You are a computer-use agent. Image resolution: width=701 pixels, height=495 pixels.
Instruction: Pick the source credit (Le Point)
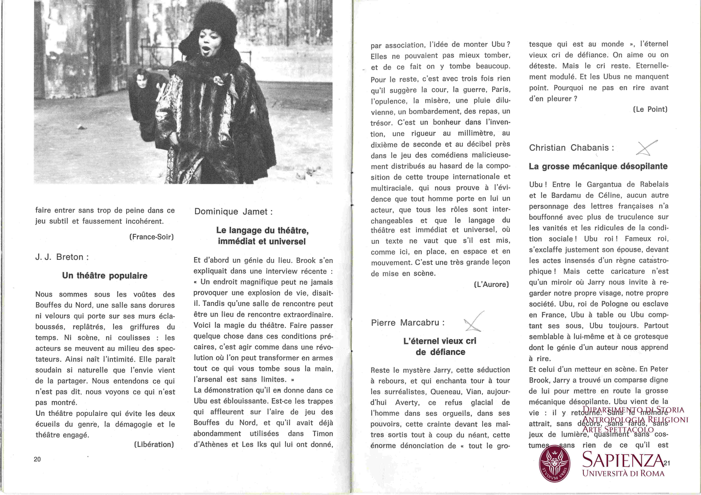(x=650, y=109)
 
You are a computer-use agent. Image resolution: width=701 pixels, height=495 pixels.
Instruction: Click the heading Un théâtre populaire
(x=105, y=276)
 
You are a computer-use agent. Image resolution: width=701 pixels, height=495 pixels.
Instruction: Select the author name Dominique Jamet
(x=234, y=212)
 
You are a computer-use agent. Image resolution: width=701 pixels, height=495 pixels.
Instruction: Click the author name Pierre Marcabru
(x=408, y=323)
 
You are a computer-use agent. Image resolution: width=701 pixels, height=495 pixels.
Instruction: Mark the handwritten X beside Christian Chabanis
(x=646, y=148)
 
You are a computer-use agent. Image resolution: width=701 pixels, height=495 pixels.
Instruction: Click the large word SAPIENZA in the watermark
(x=623, y=460)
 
